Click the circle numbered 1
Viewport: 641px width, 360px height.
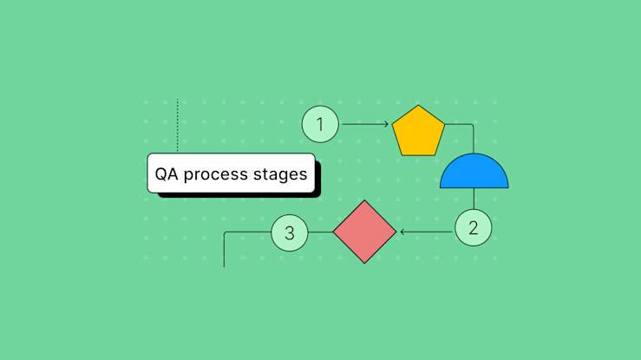tap(320, 124)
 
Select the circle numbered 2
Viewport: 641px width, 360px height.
tap(473, 229)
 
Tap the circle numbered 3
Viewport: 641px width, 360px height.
tap(290, 232)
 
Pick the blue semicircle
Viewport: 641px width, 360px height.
tap(474, 173)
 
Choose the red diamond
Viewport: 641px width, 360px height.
tap(364, 232)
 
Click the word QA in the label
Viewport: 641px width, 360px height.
tap(166, 173)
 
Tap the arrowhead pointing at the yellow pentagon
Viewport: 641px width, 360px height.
tap(386, 124)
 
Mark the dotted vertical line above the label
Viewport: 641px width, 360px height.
tap(178, 126)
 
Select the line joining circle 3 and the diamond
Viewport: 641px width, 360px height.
tap(320, 232)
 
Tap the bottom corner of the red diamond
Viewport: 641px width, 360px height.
tap(364, 263)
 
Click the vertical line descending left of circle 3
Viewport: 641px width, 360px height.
tap(225, 252)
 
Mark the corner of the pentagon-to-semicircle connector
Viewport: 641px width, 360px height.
tap(473, 124)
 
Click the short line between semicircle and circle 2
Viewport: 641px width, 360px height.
tap(474, 199)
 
